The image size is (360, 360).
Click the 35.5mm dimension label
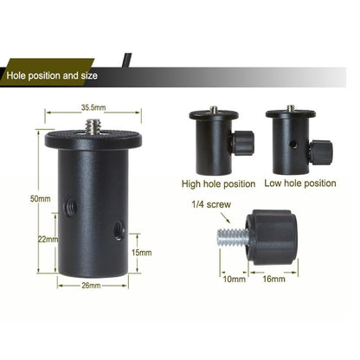click(93, 108)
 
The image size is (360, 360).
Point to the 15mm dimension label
click(141, 252)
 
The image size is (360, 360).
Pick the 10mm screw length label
click(234, 280)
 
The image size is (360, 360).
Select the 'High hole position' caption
click(218, 183)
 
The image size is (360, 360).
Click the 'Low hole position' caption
click(301, 183)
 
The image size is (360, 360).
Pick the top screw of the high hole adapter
click(214, 110)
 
